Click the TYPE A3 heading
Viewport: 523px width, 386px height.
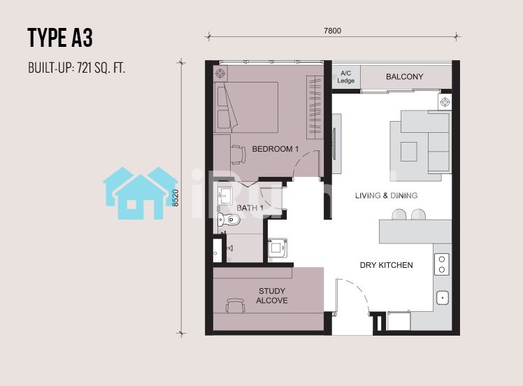[60, 38]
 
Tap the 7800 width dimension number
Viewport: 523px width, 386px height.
[332, 31]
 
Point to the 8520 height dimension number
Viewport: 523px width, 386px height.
[175, 198]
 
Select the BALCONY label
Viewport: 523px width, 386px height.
[404, 77]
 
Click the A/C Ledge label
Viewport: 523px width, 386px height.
[345, 77]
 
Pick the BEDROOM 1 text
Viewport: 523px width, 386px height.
[275, 149]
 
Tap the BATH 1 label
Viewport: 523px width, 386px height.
[250, 208]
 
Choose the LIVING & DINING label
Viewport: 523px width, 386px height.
[386, 196]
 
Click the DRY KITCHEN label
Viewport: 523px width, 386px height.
[386, 265]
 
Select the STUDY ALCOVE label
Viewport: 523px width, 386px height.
[272, 296]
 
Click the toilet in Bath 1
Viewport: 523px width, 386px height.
[229, 220]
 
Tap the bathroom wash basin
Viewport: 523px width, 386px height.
[225, 195]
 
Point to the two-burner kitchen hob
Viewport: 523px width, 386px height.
[442, 264]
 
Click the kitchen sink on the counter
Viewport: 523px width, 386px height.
[443, 298]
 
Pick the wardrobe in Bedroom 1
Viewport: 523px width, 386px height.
[315, 108]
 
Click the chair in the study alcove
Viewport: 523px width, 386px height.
[235, 306]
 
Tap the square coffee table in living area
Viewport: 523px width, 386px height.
[408, 152]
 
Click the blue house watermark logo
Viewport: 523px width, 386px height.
[141, 193]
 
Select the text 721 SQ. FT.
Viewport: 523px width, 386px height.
[101, 68]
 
